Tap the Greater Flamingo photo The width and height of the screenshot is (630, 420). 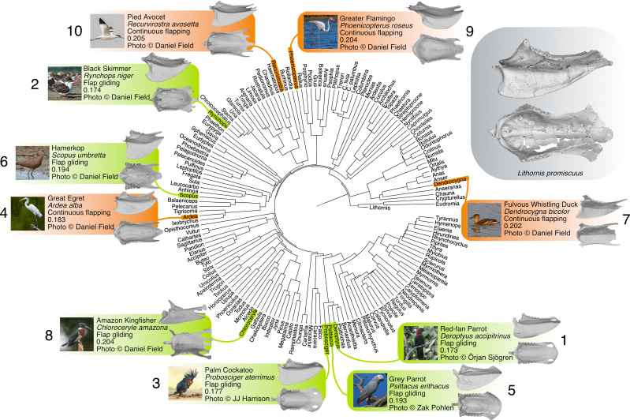tap(320, 32)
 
